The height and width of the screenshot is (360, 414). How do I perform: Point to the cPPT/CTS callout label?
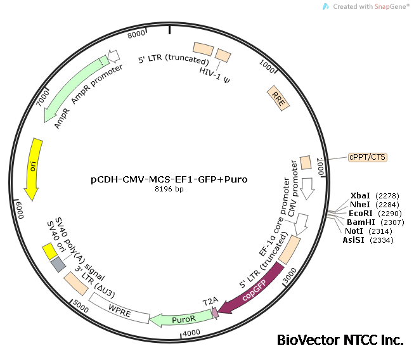point(367,157)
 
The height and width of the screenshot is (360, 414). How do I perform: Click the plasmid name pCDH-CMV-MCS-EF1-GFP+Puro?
point(169,179)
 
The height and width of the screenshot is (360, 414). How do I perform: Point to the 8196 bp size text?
point(169,190)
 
